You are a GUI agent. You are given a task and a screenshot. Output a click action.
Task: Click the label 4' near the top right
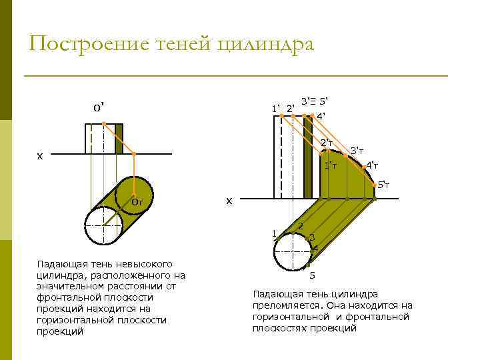(321, 116)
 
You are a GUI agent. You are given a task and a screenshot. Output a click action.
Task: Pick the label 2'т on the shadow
(327, 143)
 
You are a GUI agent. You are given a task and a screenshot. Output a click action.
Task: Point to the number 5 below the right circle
(312, 275)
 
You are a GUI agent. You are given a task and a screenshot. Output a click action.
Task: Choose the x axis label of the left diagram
(39, 155)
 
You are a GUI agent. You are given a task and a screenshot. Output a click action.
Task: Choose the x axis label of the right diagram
(229, 200)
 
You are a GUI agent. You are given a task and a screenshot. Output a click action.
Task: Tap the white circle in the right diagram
(293, 251)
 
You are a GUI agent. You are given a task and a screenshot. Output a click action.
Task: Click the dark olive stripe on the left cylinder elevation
(119, 139)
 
